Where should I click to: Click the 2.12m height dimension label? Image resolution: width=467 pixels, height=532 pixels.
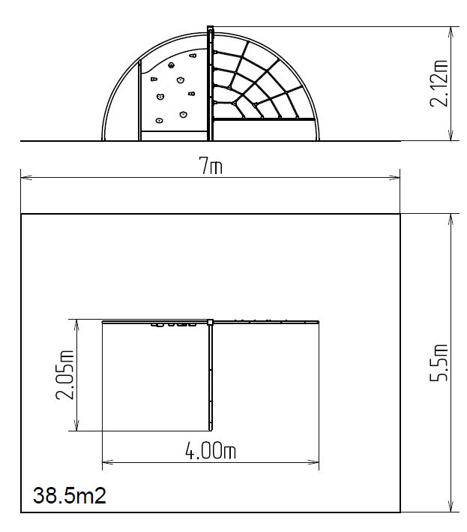[x=439, y=83]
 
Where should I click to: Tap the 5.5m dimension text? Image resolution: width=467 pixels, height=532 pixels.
[x=439, y=362]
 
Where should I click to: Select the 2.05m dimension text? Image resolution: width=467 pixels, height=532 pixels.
[x=64, y=374]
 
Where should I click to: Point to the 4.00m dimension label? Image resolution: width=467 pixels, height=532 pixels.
[x=211, y=450]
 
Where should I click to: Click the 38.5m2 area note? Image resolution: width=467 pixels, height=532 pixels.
[x=70, y=495]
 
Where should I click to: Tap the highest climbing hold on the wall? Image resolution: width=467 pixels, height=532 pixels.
[x=193, y=55]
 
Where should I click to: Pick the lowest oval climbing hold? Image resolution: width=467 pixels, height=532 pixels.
[x=159, y=120]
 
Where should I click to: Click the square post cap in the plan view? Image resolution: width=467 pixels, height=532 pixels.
[x=210, y=322]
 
